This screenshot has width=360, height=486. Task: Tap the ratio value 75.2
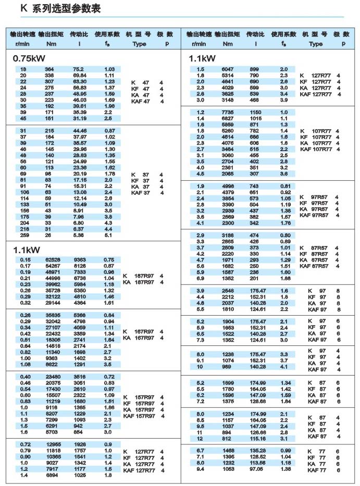click(79, 69)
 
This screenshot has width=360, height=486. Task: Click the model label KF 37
click(140, 180)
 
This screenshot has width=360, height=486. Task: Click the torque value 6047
click(228, 69)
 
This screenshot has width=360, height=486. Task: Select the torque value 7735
click(228, 113)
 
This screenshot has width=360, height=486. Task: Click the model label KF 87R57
click(316, 254)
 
